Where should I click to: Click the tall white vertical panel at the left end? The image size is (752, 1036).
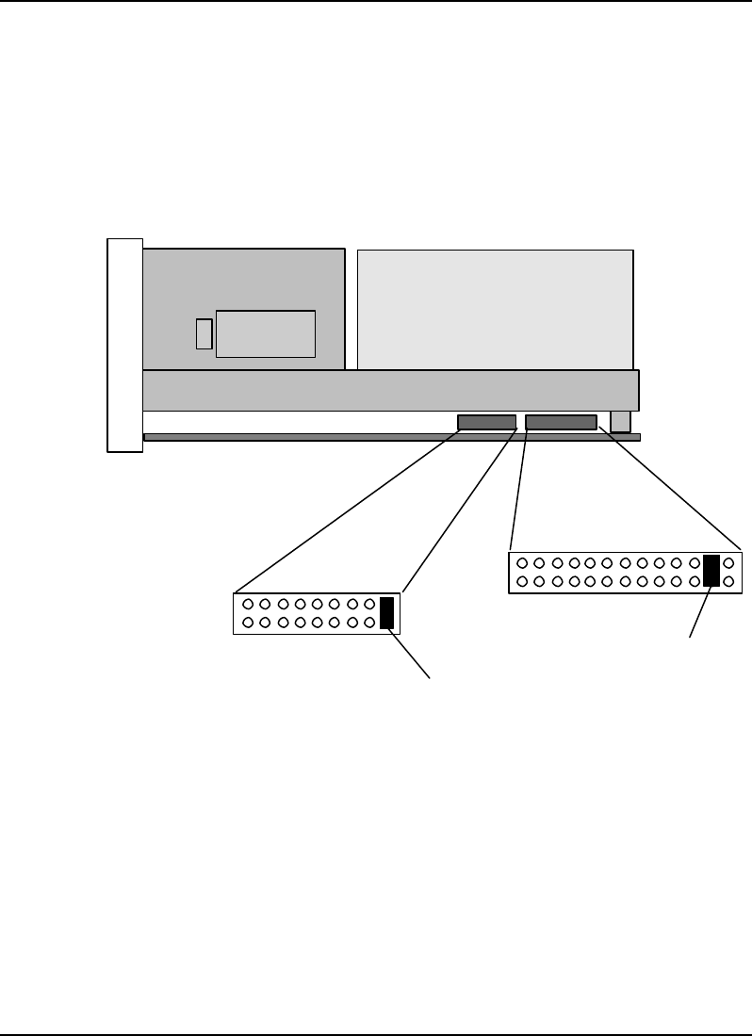click(x=124, y=346)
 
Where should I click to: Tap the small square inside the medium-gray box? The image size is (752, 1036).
click(x=204, y=334)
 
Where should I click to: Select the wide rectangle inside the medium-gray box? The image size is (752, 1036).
click(x=266, y=333)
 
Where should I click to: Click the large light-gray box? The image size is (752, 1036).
click(x=495, y=309)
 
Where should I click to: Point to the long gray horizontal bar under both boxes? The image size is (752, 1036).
click(x=390, y=390)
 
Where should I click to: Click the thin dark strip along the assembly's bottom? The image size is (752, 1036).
click(x=391, y=437)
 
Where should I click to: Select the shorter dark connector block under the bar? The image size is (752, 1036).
click(x=486, y=423)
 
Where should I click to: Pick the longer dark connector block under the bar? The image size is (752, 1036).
click(x=561, y=423)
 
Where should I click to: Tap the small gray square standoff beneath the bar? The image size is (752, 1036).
click(x=620, y=421)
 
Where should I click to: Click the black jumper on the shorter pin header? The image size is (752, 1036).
click(x=386, y=613)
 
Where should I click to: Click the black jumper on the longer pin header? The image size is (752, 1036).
click(x=711, y=572)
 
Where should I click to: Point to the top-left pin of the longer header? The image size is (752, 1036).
click(x=522, y=563)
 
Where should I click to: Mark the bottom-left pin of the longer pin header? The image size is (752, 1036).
click(x=522, y=581)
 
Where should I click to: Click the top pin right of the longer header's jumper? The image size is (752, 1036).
click(x=728, y=563)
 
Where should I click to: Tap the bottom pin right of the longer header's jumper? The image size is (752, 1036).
click(x=728, y=581)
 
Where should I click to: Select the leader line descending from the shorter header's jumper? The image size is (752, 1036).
click(x=411, y=654)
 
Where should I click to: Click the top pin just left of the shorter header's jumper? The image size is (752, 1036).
click(x=368, y=605)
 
